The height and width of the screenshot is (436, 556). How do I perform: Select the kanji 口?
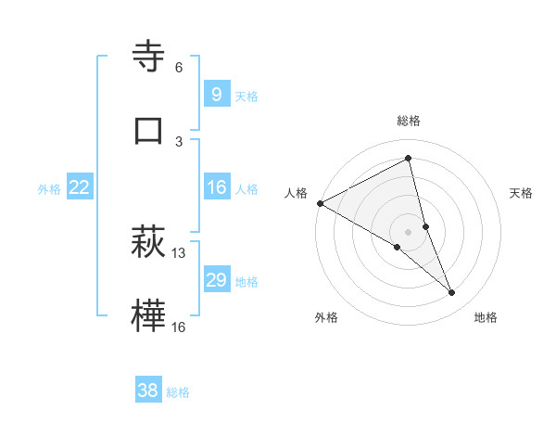coord(148,130)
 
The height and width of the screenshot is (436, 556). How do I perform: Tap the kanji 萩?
coord(148,242)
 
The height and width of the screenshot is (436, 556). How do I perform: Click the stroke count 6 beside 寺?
coord(179,68)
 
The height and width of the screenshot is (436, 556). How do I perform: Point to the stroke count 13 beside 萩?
coord(179,253)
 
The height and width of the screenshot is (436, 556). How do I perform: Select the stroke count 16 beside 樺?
coord(179,327)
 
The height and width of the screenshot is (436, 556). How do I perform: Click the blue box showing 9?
coord(216,94)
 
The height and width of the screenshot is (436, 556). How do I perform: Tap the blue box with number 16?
coord(216,187)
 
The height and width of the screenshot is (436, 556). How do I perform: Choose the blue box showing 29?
coord(216,280)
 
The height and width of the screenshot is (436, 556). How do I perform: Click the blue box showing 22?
coord(79,187)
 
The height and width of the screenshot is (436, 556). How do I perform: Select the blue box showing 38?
coord(147,391)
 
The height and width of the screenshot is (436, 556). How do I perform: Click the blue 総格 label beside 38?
coord(178,392)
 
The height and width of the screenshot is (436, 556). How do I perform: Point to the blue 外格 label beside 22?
coord(49,189)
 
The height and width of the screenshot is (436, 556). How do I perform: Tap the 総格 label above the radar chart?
coord(409,121)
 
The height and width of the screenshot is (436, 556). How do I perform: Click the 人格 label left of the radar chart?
coord(296,193)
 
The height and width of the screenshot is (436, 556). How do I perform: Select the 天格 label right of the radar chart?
coord(522,193)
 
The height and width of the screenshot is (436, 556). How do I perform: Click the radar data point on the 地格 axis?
coord(452,292)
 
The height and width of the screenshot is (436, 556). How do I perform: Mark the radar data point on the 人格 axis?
coord(320,202)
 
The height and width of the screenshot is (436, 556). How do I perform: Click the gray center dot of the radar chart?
coord(409,231)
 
